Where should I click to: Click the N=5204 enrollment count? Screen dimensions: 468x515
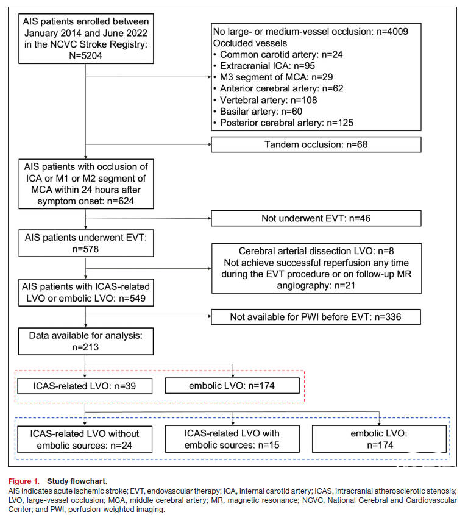point(85,55)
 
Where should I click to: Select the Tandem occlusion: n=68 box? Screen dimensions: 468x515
point(316,144)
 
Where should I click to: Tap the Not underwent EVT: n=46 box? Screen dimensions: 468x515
point(316,218)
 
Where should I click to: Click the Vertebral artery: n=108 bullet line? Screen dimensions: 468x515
point(265,100)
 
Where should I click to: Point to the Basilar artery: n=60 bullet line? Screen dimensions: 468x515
point(258,112)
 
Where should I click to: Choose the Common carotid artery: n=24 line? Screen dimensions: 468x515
point(278,54)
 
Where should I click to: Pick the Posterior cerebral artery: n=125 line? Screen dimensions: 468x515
point(283,123)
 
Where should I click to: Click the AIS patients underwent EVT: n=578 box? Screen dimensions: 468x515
point(86,243)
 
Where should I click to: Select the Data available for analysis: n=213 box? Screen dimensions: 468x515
point(86,341)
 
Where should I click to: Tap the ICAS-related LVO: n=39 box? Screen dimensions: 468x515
point(85,386)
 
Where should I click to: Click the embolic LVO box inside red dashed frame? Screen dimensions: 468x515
point(232,386)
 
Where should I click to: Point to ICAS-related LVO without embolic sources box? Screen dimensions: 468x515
point(85,439)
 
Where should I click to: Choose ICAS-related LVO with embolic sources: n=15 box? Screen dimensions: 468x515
point(232,439)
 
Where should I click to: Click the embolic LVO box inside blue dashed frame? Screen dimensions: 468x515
point(379,439)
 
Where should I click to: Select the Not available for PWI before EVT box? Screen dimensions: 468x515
point(316,317)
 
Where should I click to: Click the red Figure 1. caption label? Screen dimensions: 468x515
point(24,481)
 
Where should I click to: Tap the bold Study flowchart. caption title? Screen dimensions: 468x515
point(77,481)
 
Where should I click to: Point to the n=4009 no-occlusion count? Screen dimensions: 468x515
point(392,32)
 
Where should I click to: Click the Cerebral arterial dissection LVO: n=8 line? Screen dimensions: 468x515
point(316,251)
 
